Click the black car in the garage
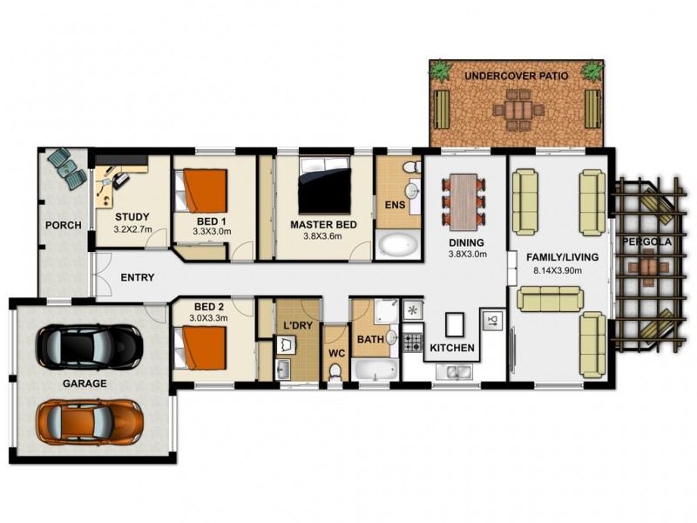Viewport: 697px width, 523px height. pyautogui.click(x=89, y=346)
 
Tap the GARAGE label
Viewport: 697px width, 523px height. pyautogui.click(x=85, y=384)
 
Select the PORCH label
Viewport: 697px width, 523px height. pyautogui.click(x=64, y=225)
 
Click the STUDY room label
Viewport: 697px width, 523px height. pyautogui.click(x=132, y=217)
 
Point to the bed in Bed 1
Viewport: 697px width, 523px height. pyautogui.click(x=203, y=191)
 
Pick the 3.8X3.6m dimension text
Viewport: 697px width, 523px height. pyautogui.click(x=323, y=236)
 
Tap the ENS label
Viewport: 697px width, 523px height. pyautogui.click(x=395, y=206)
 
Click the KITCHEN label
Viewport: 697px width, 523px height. pyautogui.click(x=452, y=349)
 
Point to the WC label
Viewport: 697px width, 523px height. pyautogui.click(x=335, y=354)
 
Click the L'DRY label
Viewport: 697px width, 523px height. pyautogui.click(x=296, y=326)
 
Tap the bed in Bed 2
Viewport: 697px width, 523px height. pyautogui.click(x=203, y=346)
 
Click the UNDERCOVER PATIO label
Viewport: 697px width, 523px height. pyautogui.click(x=516, y=77)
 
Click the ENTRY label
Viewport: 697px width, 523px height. pyautogui.click(x=137, y=278)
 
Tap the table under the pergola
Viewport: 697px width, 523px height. pyautogui.click(x=650, y=265)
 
